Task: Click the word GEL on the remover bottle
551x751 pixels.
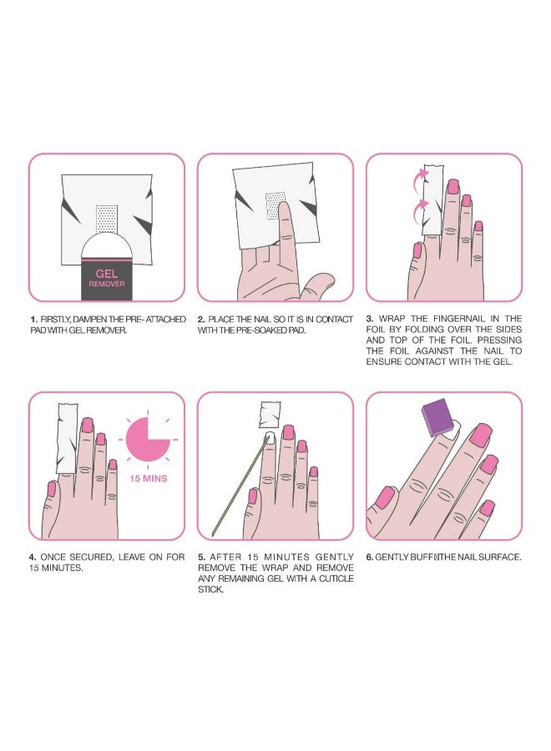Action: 107,274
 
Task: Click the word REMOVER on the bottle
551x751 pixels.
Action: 107,284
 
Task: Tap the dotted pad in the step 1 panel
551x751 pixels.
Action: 107,219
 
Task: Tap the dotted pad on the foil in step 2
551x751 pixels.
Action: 275,205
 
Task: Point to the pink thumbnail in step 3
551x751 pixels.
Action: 417,250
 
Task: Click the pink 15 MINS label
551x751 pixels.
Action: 149,478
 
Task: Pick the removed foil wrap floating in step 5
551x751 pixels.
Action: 270,414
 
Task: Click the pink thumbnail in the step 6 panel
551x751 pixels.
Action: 385,497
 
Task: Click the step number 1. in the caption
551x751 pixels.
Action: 33,320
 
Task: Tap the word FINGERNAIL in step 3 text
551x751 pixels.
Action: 459,319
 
